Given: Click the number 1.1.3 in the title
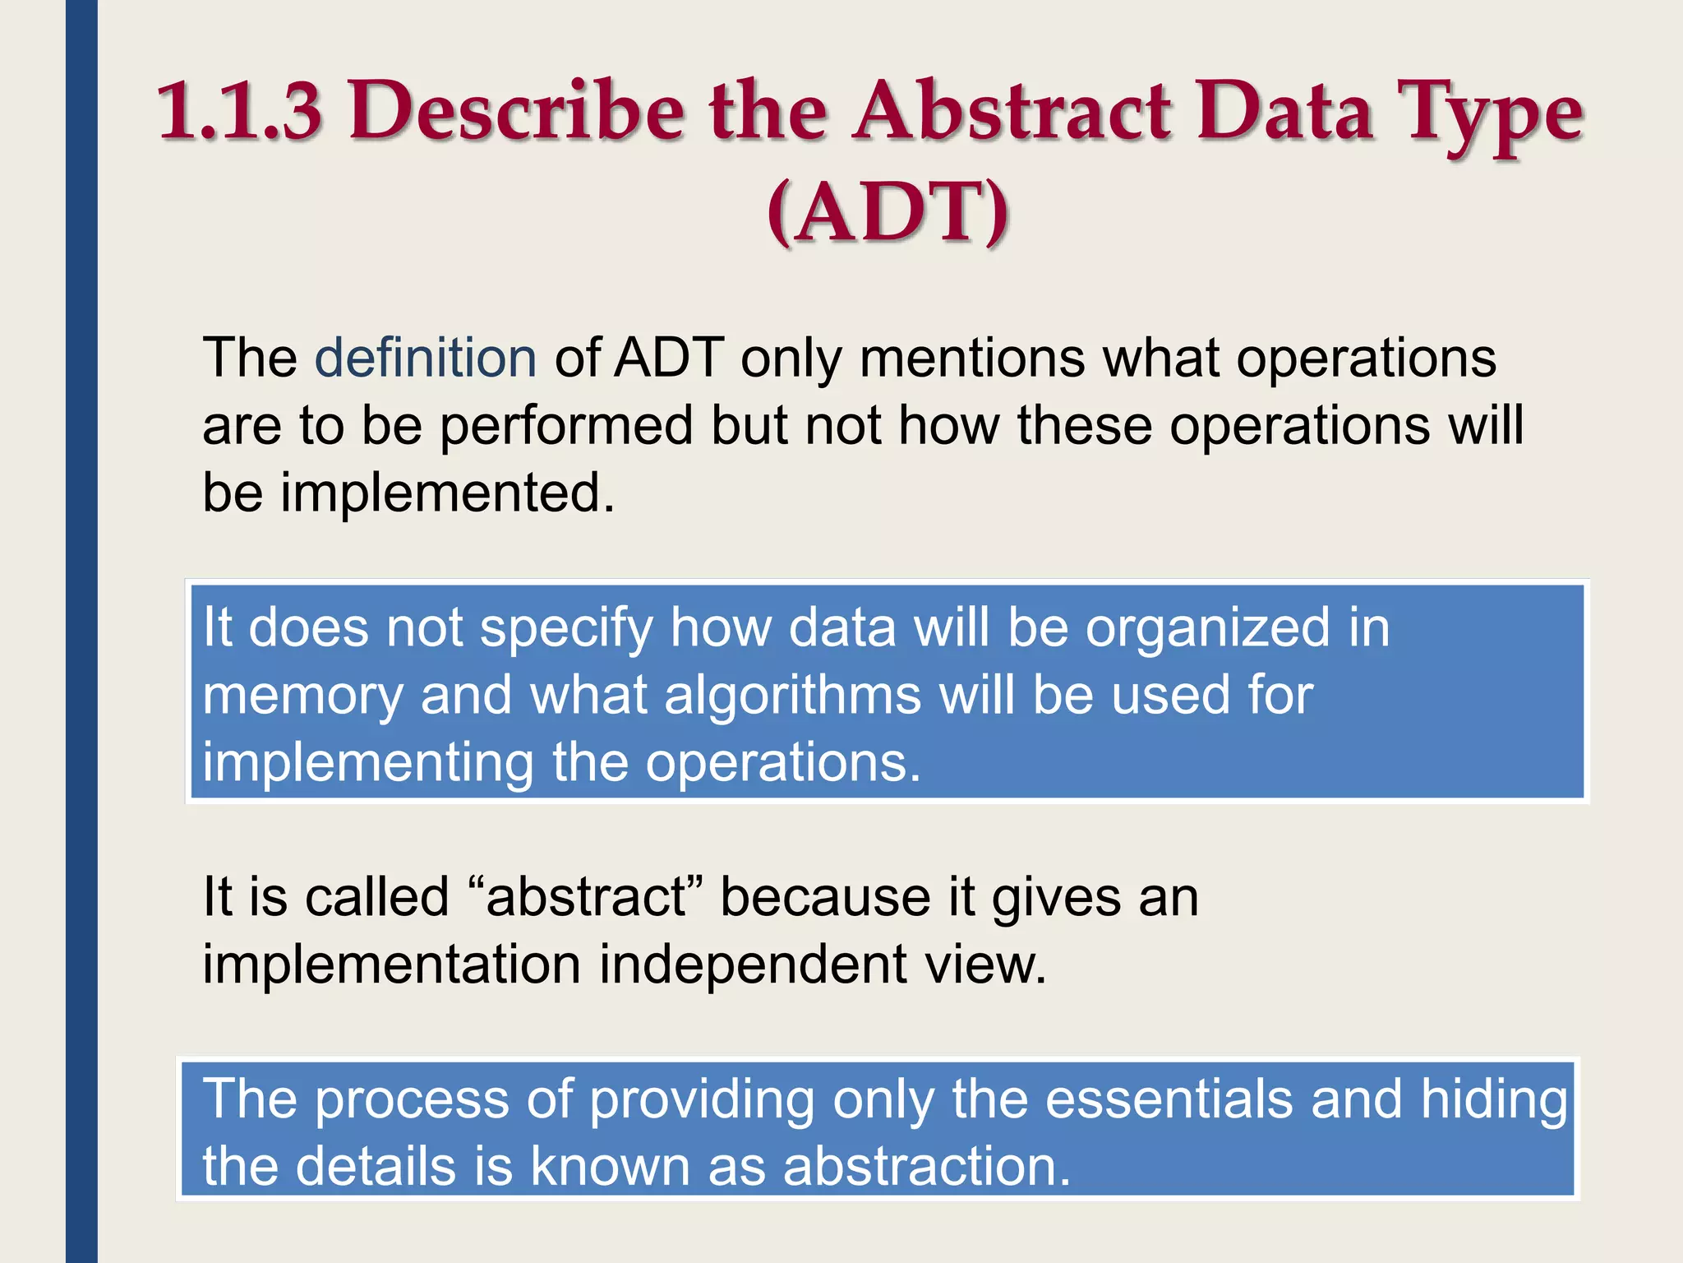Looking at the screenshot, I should point(239,111).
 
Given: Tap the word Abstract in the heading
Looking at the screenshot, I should point(1012,111).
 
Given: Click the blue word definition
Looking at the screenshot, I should point(426,359).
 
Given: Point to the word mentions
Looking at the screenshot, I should point(972,359).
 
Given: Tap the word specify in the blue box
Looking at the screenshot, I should point(566,629).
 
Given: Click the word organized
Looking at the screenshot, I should point(1207,629).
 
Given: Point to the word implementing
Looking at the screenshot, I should point(368,763).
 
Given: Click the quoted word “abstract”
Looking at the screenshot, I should point(585,897).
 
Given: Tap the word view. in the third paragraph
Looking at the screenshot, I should point(985,965).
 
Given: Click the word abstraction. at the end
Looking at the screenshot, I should point(926,1167).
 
